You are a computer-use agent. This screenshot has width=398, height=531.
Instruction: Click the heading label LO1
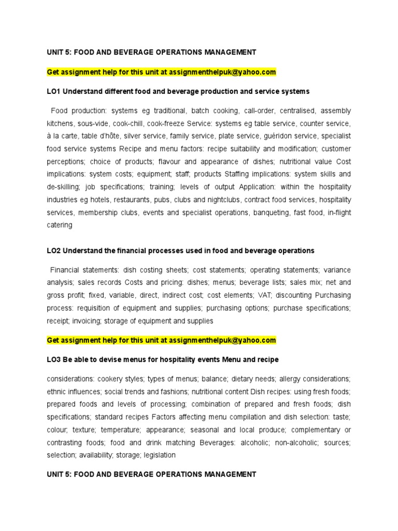click(x=54, y=91)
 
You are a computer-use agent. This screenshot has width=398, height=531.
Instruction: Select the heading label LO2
click(x=54, y=250)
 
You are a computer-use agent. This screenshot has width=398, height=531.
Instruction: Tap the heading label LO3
click(x=54, y=359)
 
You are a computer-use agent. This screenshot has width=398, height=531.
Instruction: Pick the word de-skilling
click(x=64, y=187)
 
